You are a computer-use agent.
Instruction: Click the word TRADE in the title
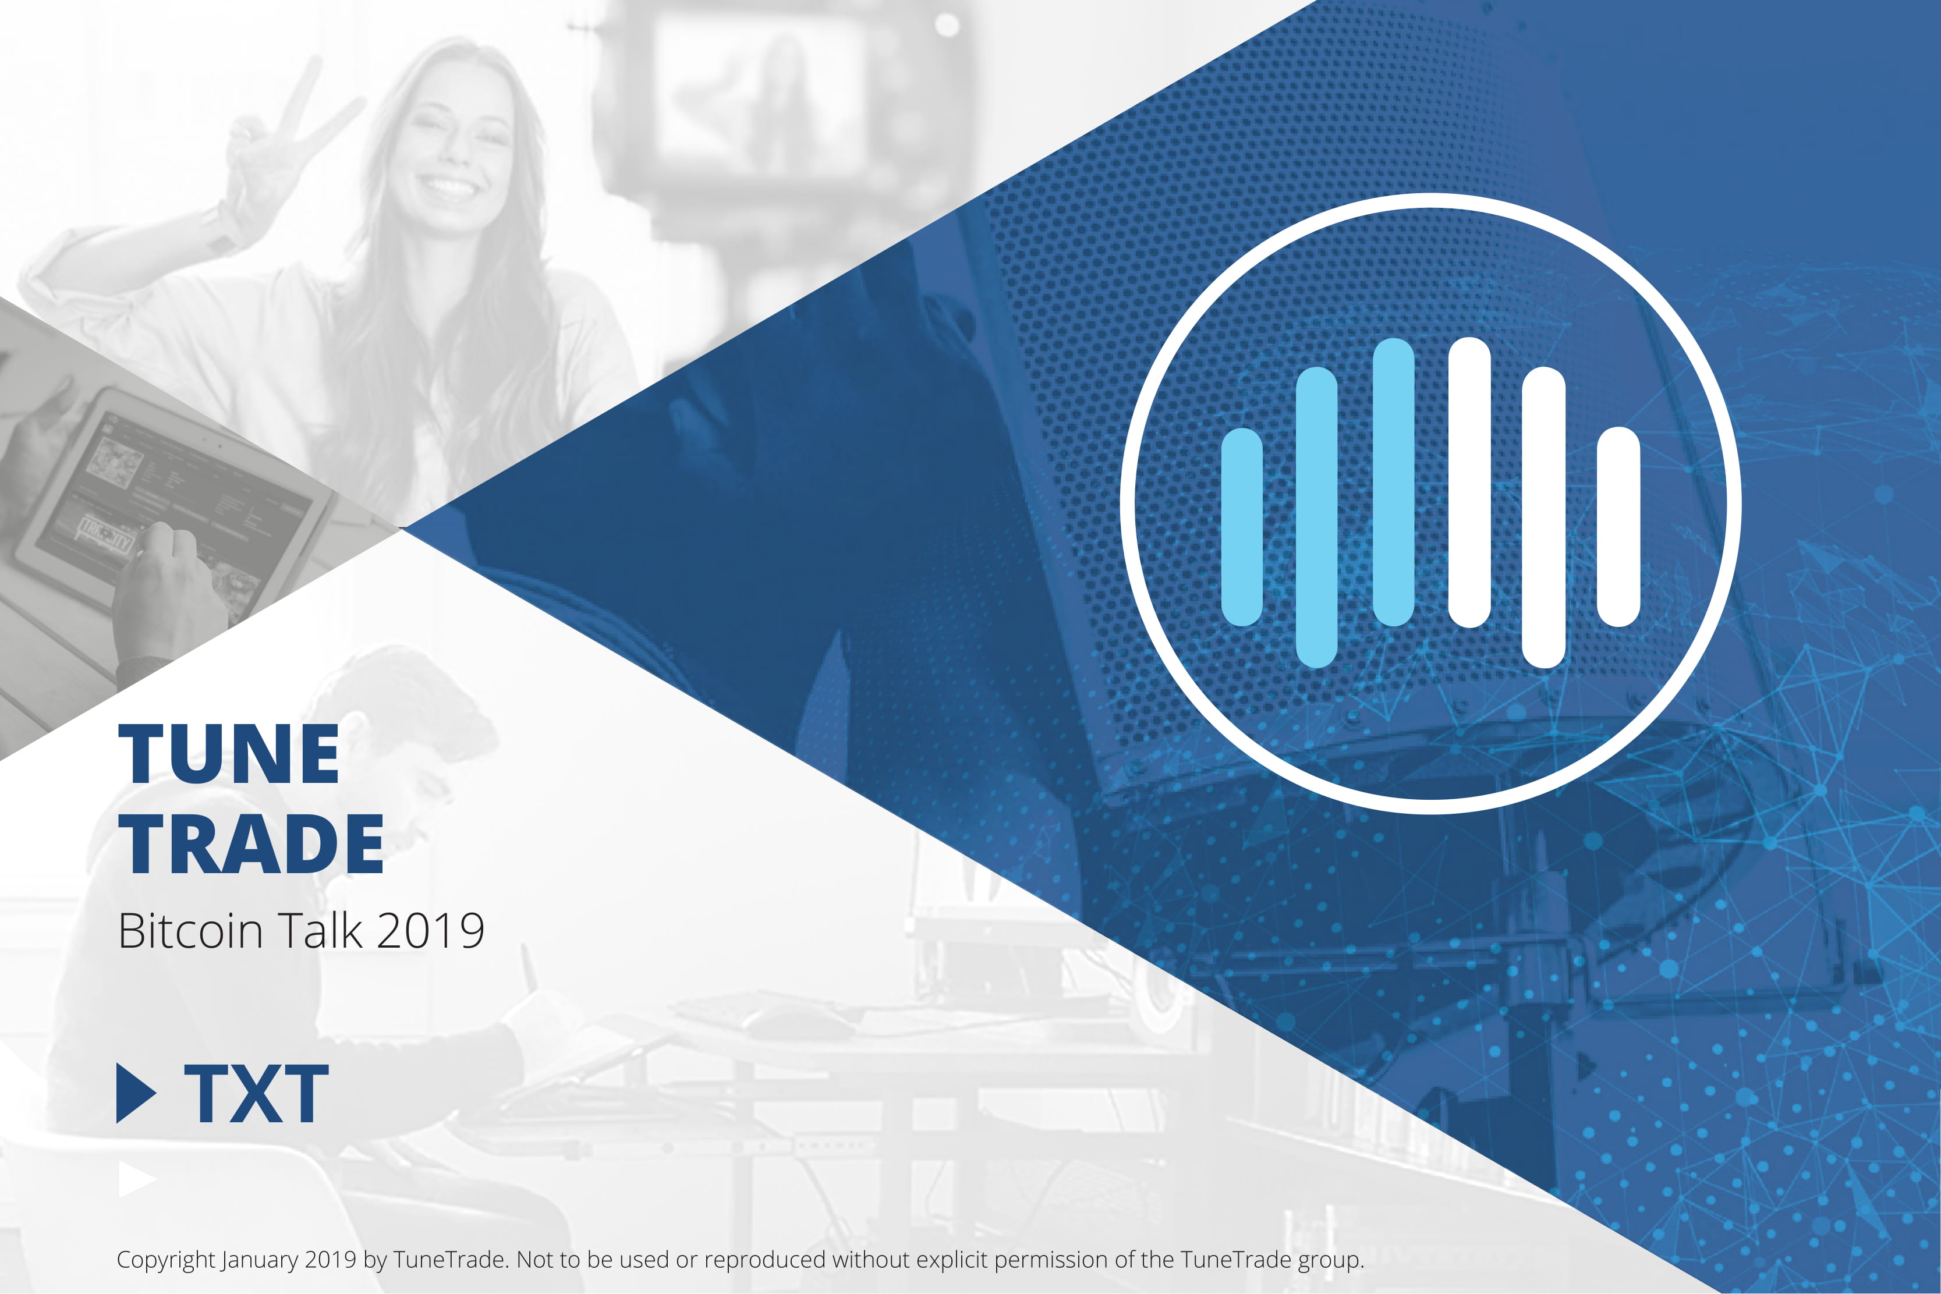coord(252,843)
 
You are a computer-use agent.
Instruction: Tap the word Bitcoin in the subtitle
coord(190,931)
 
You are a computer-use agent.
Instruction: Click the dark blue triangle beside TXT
coord(135,1093)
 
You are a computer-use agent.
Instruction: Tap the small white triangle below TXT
coord(137,1179)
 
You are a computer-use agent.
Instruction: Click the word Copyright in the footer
coord(166,1260)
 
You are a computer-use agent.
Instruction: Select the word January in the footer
coord(260,1261)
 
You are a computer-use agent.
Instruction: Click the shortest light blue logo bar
coord(1242,527)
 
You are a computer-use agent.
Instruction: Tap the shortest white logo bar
coord(1618,527)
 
